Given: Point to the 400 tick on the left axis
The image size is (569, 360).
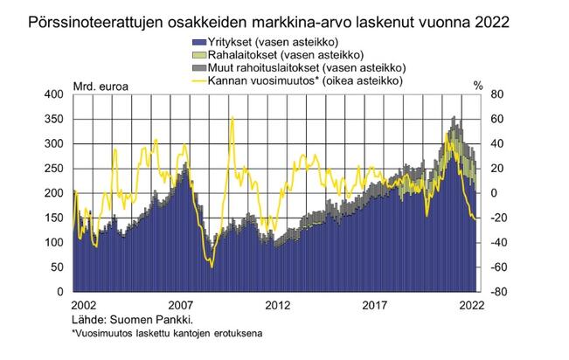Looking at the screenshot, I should point(53,93).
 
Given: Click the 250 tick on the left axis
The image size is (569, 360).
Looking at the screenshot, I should point(53,168).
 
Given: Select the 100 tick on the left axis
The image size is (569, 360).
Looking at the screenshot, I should point(53,242).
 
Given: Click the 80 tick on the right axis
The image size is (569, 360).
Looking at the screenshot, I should point(499,93).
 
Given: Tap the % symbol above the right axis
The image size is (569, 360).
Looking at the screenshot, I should point(477,85).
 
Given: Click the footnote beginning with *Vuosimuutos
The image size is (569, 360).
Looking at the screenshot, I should point(166,333).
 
